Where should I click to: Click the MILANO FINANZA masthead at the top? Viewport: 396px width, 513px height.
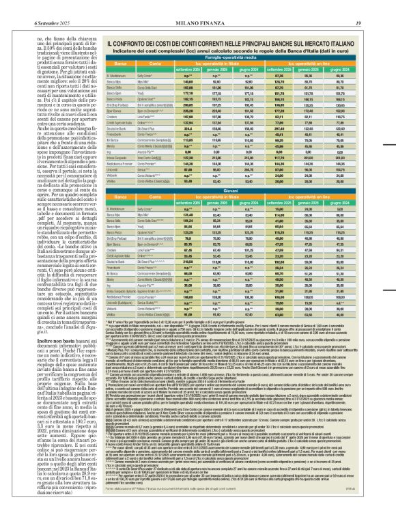198,6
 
